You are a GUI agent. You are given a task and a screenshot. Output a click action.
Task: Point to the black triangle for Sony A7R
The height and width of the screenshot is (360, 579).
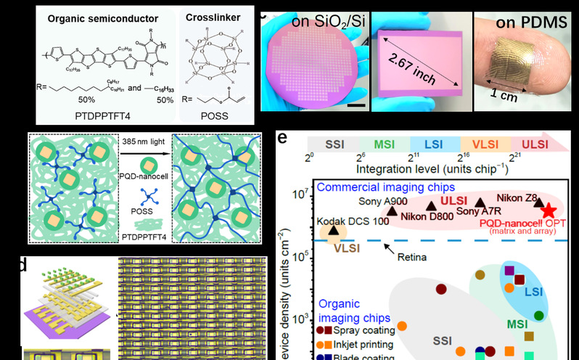480,203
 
